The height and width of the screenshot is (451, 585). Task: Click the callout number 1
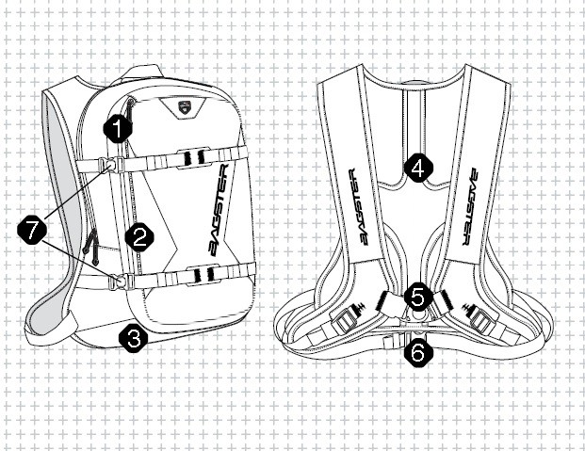click(118, 129)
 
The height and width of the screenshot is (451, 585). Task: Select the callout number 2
click(139, 237)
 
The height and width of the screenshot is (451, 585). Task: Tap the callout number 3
click(133, 338)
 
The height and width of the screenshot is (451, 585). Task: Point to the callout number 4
click(418, 168)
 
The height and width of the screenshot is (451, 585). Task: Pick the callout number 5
click(418, 298)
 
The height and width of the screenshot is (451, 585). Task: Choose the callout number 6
click(418, 352)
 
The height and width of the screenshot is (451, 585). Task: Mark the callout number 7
click(32, 230)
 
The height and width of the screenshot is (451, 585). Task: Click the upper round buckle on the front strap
click(110, 165)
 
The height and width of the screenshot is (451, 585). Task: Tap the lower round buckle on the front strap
click(121, 281)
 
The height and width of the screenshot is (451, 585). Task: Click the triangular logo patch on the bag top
click(183, 107)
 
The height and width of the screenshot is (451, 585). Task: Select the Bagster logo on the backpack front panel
click(218, 210)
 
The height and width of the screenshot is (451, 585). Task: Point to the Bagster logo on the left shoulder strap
click(359, 207)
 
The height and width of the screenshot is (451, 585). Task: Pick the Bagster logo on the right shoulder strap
click(470, 206)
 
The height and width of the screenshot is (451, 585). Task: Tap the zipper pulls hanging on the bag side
click(91, 246)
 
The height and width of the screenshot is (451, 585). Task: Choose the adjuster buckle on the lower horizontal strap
click(203, 275)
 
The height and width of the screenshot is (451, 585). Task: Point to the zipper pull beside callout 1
click(129, 111)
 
